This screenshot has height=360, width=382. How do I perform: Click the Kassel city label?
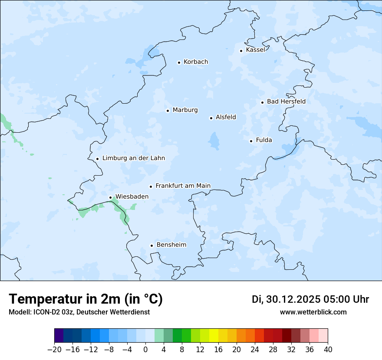click(255, 50)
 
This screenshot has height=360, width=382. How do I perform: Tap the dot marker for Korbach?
click(179, 62)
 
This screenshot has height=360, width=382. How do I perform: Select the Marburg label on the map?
click(185, 110)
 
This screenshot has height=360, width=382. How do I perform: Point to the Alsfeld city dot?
click(211, 118)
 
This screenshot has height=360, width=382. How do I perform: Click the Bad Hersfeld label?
click(286, 101)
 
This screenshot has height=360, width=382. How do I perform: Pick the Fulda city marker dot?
click(251, 141)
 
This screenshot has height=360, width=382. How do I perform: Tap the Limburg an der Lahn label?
click(133, 158)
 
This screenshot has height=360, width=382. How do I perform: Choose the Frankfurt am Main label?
click(183, 186)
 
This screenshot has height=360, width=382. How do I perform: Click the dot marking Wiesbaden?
click(110, 198)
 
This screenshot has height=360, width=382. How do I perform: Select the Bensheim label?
click(171, 245)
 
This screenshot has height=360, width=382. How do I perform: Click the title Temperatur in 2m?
click(86, 299)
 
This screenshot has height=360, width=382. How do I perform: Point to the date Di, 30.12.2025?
click(286, 299)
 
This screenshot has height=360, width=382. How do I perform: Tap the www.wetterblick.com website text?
click(313, 312)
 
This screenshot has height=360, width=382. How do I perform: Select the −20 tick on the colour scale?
click(54, 350)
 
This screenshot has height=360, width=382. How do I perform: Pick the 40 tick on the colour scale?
click(328, 350)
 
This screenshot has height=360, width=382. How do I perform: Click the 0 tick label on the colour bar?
click(145, 350)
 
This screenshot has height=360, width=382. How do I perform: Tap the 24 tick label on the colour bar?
click(255, 350)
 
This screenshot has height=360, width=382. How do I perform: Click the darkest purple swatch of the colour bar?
click(59, 336)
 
